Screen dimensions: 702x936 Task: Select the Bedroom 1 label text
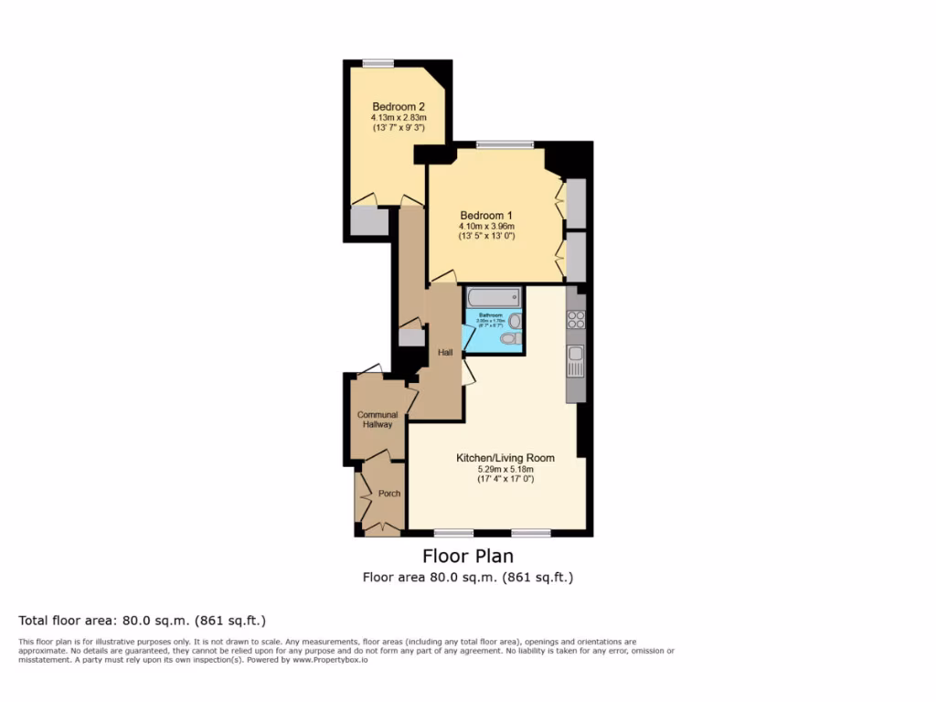pos(486,215)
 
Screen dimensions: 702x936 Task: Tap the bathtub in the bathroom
pos(493,297)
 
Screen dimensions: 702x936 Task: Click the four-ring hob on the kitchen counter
pos(576,319)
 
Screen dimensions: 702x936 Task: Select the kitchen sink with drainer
pos(576,361)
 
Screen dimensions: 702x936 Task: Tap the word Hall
pos(445,352)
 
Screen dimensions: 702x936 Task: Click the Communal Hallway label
pos(377,420)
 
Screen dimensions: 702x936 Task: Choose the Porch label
pos(389,494)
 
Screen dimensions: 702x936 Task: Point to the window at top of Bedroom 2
pos(378,63)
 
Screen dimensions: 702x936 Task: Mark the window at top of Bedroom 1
pos(505,144)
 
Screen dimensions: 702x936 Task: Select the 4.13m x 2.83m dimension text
pos(399,117)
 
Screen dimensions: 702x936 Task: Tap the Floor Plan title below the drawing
pos(467,556)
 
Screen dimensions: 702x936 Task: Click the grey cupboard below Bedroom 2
pos(370,221)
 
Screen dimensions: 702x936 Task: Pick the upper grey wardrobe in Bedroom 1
pos(576,203)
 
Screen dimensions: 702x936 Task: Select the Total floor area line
pos(143,621)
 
